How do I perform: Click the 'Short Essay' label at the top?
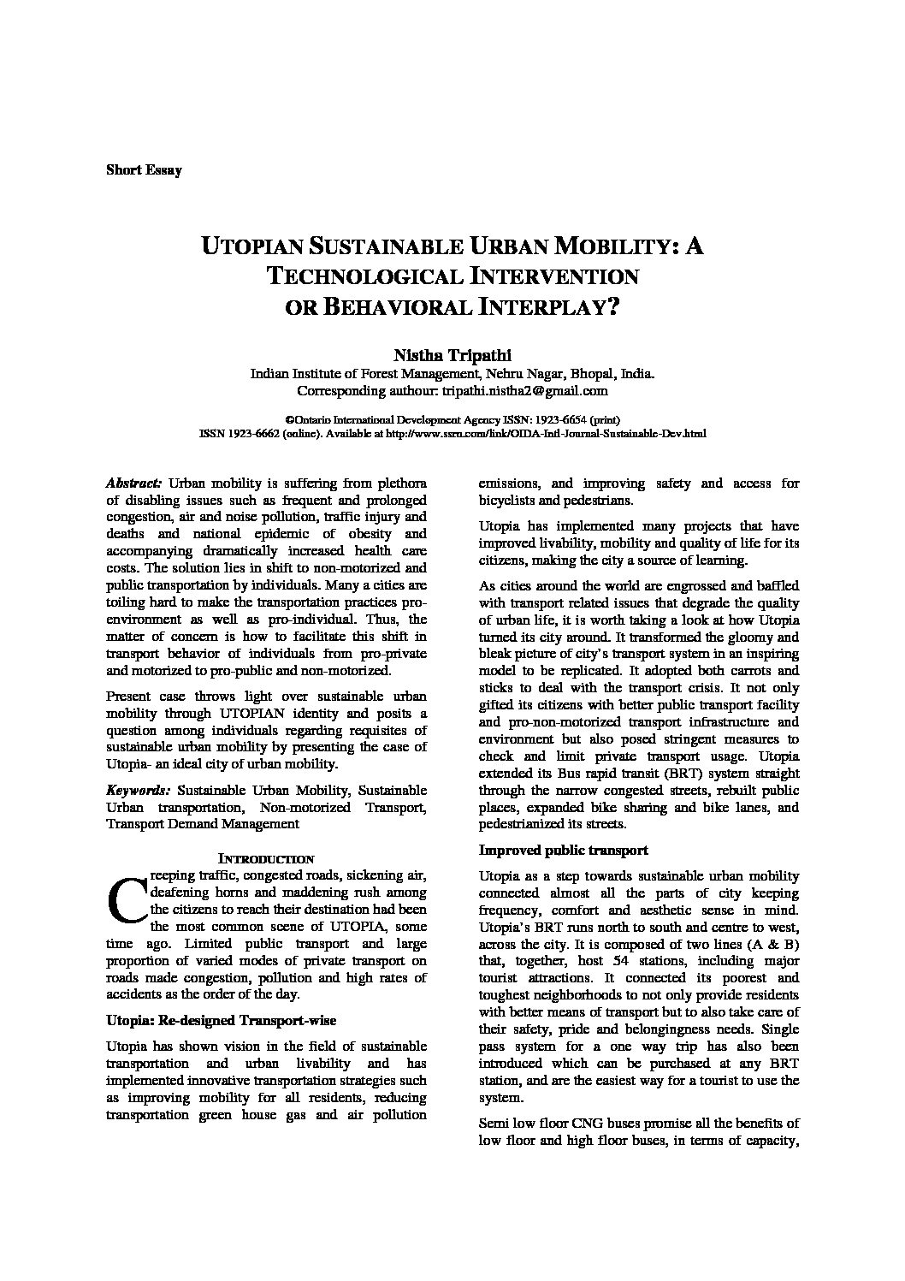point(144,169)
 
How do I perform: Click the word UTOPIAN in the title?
point(250,247)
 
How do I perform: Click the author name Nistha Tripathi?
point(452,355)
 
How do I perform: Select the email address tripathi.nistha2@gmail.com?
point(524,390)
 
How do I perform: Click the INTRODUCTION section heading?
point(266,858)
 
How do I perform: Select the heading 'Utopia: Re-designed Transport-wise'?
point(221,1020)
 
